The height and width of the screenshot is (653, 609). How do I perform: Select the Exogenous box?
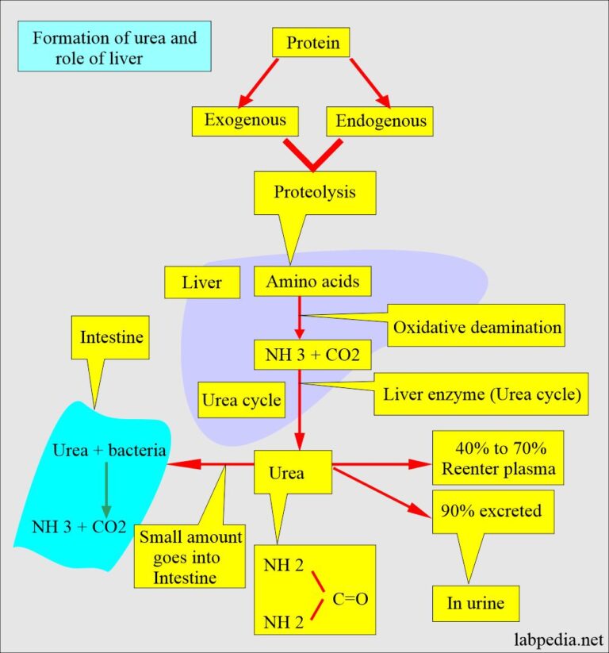coord(250,121)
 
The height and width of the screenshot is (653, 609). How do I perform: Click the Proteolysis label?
coord(315,192)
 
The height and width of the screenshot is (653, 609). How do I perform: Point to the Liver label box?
coord(202,282)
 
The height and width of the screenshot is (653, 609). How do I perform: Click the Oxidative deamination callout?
coord(475,327)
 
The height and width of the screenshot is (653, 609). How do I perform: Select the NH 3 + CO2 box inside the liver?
coord(312,355)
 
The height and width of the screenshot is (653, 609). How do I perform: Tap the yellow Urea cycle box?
coord(241,400)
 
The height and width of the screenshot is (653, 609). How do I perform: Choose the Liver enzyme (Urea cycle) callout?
coord(482,394)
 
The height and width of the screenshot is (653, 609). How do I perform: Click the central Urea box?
coord(287,473)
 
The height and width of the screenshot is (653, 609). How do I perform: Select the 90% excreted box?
coord(492,511)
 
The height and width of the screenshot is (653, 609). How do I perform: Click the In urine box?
coord(475,604)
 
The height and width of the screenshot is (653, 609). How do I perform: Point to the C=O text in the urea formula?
coord(350,599)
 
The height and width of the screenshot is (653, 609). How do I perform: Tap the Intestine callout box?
coord(112,337)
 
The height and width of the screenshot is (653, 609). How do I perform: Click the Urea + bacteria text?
coord(109,451)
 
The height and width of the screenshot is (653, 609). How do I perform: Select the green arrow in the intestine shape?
coord(105,489)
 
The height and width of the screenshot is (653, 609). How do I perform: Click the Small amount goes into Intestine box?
coord(190,556)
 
